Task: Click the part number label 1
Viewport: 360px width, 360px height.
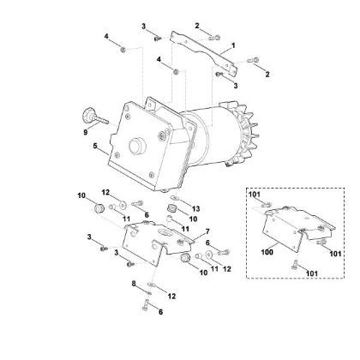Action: coord(232,45)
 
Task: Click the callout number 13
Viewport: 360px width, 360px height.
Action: coord(195,208)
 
